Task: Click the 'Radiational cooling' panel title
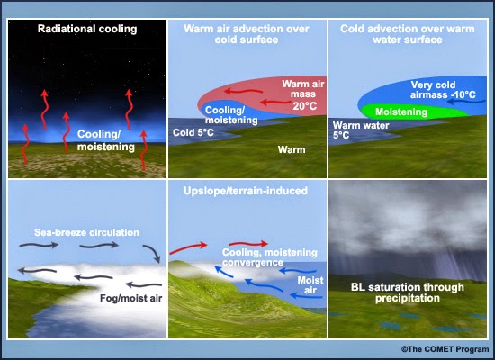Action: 86,29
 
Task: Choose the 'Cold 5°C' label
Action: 193,132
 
